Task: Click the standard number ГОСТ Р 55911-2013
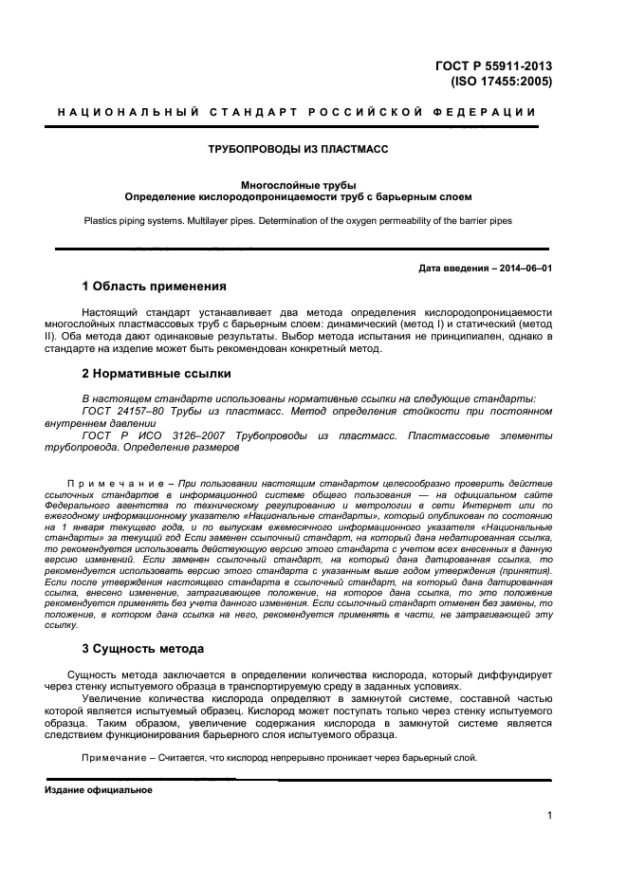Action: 493,66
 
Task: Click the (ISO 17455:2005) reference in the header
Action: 500,82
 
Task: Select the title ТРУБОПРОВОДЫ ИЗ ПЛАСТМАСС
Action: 299,149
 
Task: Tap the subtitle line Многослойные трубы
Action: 299,185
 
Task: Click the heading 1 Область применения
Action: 154,286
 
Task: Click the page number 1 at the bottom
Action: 550,814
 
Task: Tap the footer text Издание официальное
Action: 98,789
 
